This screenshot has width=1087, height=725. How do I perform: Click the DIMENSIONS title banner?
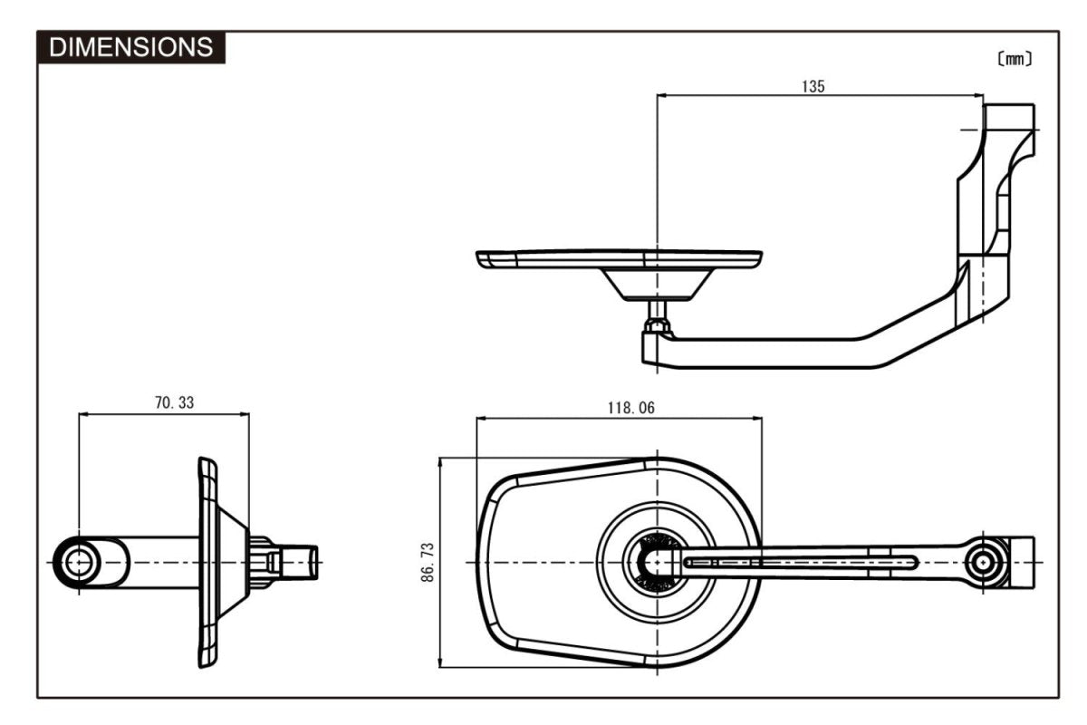pyautogui.click(x=131, y=47)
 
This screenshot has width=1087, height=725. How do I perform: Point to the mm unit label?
pyautogui.click(x=1014, y=60)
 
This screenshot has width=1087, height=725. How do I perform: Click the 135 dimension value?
pyautogui.click(x=813, y=87)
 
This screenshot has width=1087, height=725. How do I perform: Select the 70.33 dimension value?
pyautogui.click(x=174, y=403)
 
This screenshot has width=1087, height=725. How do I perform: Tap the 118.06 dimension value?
pyautogui.click(x=630, y=408)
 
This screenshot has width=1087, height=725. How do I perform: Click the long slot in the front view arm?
pyautogui.click(x=802, y=563)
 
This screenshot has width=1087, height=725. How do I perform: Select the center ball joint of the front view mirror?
pyautogui.click(x=654, y=563)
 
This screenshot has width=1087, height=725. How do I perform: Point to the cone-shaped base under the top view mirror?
pyautogui.click(x=655, y=284)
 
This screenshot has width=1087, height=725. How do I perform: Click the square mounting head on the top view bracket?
pyautogui.click(x=1008, y=118)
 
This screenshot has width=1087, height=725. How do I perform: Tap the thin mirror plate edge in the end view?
pyautogui.click(x=207, y=563)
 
